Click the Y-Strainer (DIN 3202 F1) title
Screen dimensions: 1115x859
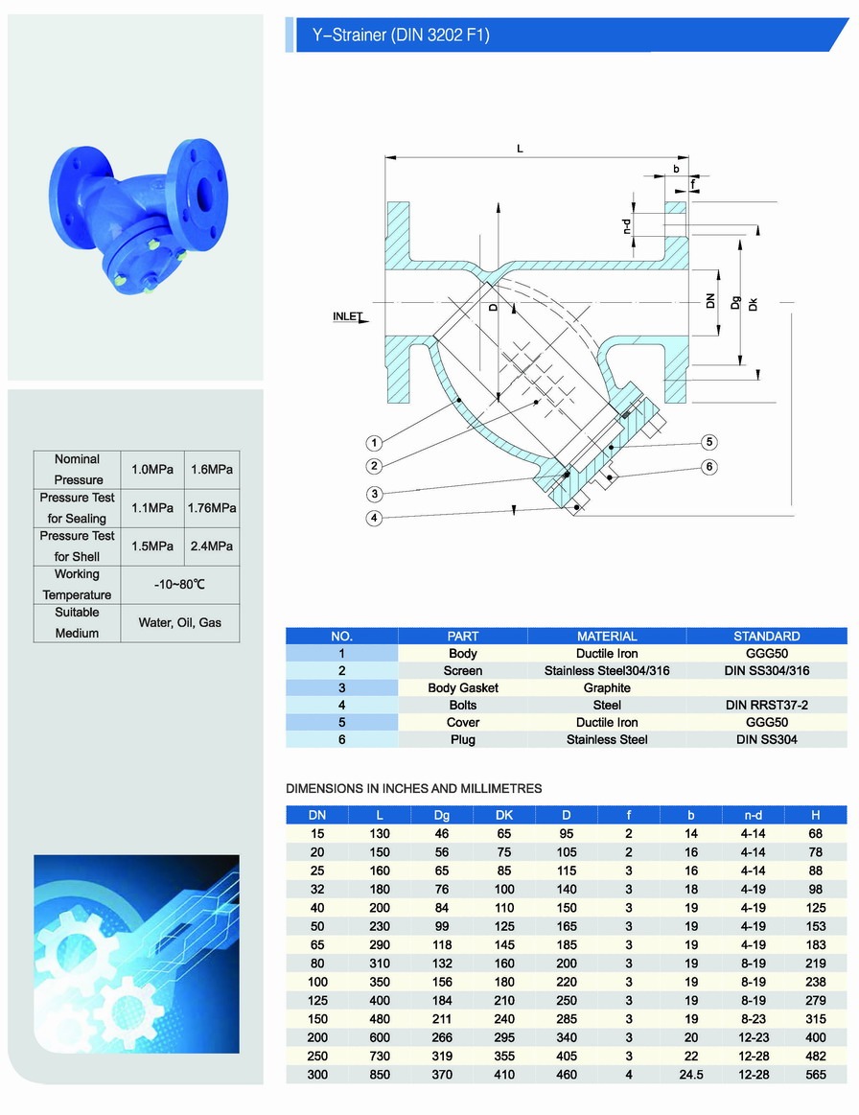click(x=401, y=36)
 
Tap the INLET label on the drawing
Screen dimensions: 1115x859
click(x=348, y=315)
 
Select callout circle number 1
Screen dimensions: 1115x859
click(x=375, y=443)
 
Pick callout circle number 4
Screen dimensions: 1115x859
click(x=375, y=519)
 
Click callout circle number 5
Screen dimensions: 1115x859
click(x=708, y=442)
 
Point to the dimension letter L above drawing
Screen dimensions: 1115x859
click(x=520, y=149)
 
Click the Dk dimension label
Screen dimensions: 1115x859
click(x=754, y=304)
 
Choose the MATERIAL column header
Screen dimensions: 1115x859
click(x=607, y=636)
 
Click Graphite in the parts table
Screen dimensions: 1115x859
click(x=607, y=687)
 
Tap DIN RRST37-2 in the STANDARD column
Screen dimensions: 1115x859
click(x=766, y=705)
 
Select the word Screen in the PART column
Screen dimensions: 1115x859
click(x=463, y=670)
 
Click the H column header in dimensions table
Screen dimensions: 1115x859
click(x=815, y=815)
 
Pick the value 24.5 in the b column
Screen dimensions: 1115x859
click(x=690, y=1075)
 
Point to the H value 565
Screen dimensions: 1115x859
click(x=815, y=1075)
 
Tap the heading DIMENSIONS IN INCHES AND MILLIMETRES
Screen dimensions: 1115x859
click(x=414, y=788)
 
